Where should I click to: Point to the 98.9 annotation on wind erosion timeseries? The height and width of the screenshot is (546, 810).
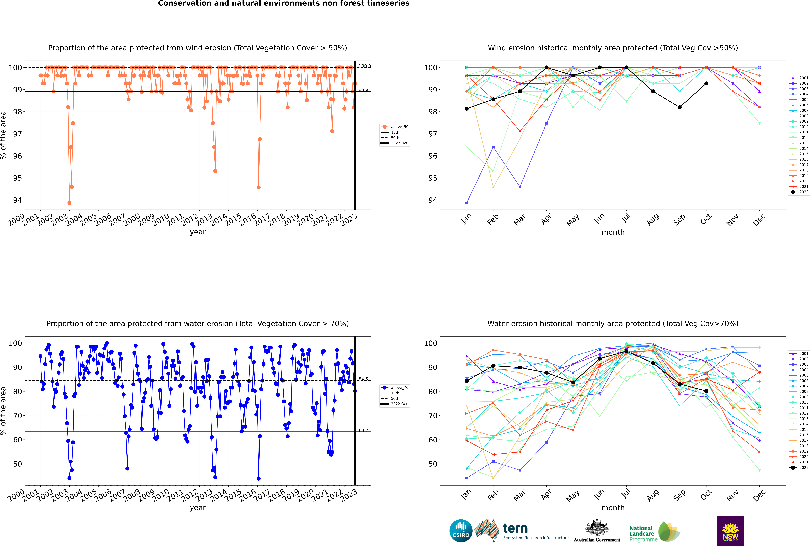tap(363, 90)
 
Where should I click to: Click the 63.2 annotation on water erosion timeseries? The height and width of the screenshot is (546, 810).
tap(363, 430)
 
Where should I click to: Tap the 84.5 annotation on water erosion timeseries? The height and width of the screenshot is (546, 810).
tap(363, 379)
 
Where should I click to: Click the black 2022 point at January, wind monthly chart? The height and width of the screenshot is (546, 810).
tap(467, 109)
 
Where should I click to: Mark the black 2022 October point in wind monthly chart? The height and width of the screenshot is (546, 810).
tap(706, 84)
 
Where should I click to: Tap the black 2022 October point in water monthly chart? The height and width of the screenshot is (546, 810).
tap(706, 391)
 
